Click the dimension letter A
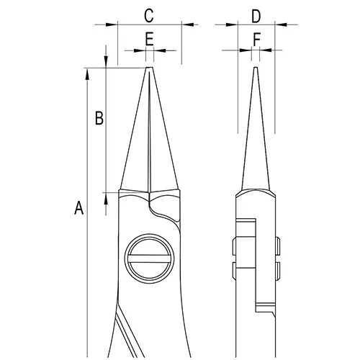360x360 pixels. point(79,208)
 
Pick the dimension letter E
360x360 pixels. point(149,39)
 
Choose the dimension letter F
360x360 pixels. point(256,39)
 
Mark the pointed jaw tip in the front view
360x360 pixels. point(149,71)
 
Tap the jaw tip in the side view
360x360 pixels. point(256,71)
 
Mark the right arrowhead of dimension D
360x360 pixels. point(279,24)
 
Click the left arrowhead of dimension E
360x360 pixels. point(141,50)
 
